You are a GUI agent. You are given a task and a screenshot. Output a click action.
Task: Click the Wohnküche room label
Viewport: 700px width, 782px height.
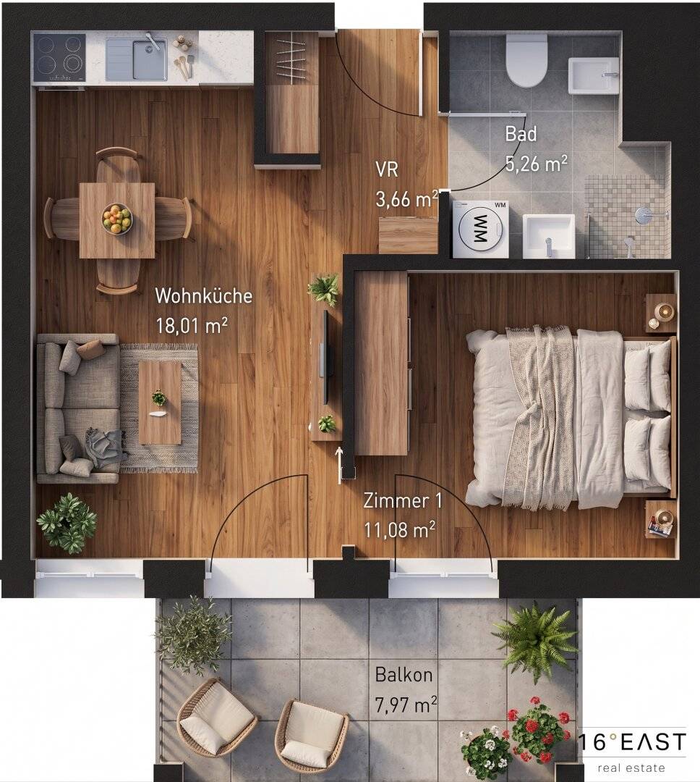[x=204, y=295]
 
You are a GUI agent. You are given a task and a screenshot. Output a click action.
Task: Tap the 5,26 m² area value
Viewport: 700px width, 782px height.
[x=536, y=163]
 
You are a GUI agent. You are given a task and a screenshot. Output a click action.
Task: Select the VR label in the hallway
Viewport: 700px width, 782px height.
[x=387, y=169]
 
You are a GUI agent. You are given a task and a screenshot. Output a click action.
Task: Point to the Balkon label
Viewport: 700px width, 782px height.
[x=404, y=675]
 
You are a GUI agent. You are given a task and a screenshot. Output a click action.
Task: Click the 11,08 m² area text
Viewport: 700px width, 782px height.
[x=400, y=530]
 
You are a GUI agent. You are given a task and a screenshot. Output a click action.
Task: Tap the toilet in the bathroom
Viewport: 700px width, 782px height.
[x=526, y=60]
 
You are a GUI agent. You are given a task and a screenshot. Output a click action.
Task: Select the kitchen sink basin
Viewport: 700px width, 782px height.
[x=149, y=62]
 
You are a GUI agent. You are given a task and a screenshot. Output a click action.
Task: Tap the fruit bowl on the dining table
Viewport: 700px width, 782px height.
[x=117, y=219]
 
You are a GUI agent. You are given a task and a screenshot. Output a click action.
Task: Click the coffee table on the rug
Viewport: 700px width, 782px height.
[x=159, y=403]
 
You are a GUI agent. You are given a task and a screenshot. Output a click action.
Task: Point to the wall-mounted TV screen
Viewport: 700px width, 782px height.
[x=326, y=357]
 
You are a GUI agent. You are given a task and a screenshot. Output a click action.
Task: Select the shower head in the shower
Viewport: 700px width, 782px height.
[x=642, y=215]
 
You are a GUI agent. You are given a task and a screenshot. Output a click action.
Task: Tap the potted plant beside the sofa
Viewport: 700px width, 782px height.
[x=67, y=524]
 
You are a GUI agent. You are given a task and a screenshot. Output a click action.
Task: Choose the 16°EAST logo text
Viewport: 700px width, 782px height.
[x=632, y=741]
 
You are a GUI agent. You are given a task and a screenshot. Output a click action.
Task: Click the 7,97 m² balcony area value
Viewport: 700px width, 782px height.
[x=406, y=705]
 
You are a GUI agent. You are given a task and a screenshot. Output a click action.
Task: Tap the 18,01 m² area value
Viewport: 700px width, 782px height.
[x=192, y=326]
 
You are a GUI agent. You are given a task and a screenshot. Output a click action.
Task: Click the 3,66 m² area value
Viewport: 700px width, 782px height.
[x=407, y=200]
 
